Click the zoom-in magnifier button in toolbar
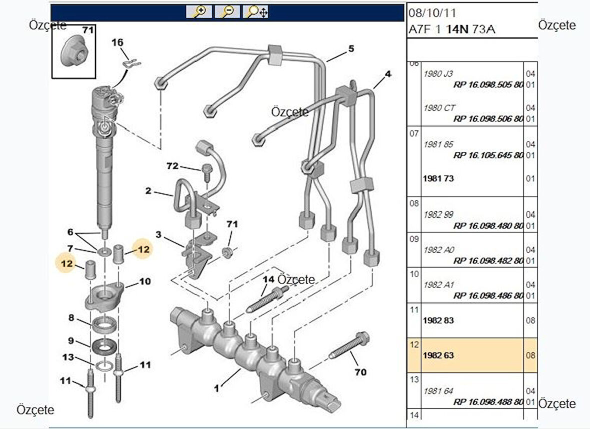tap(199, 11)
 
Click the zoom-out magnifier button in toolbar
tap(227, 11)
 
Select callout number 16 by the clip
tap(117, 43)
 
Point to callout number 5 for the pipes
tap(351, 48)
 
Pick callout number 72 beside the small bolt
tap(172, 165)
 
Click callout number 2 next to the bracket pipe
tap(148, 190)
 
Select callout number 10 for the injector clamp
tap(144, 281)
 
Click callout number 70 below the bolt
tap(360, 372)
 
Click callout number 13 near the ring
tap(68, 357)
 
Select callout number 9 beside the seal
tap(71, 340)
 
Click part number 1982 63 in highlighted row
tap(438, 355)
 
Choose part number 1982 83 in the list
tap(438, 320)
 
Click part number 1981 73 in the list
tap(438, 178)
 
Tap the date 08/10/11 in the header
tap(432, 13)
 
